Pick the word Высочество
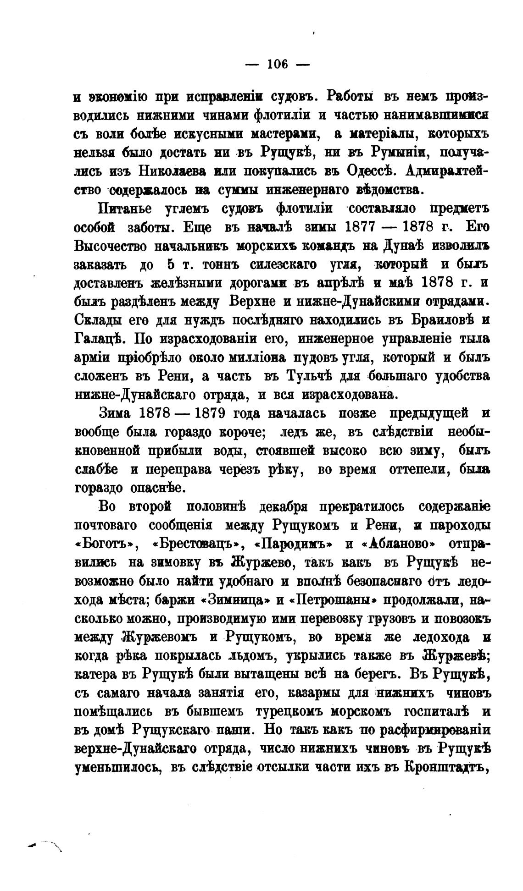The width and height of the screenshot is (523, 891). pyautogui.click(x=109, y=246)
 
